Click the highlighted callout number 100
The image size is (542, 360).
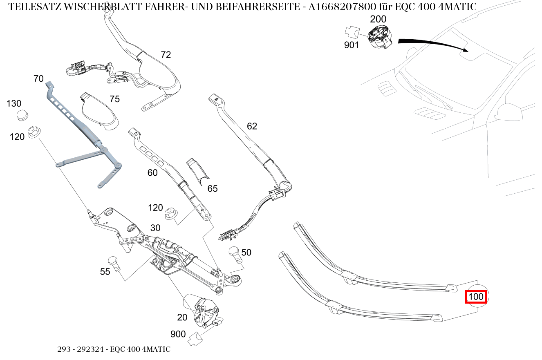[x=476, y=297]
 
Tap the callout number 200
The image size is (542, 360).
[x=378, y=19]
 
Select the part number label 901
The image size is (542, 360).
[x=352, y=45]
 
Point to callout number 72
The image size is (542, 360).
[x=166, y=55]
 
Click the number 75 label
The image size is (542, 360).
[x=114, y=99]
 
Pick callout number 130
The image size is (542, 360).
[x=14, y=104]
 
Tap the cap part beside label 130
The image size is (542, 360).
[x=22, y=116]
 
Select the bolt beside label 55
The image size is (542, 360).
[x=114, y=264]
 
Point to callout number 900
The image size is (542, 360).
[x=178, y=334]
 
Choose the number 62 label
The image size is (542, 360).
[x=252, y=126]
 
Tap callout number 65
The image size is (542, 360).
[x=213, y=188]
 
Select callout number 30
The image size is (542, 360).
[x=155, y=228]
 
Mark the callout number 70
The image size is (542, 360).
[x=38, y=78]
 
